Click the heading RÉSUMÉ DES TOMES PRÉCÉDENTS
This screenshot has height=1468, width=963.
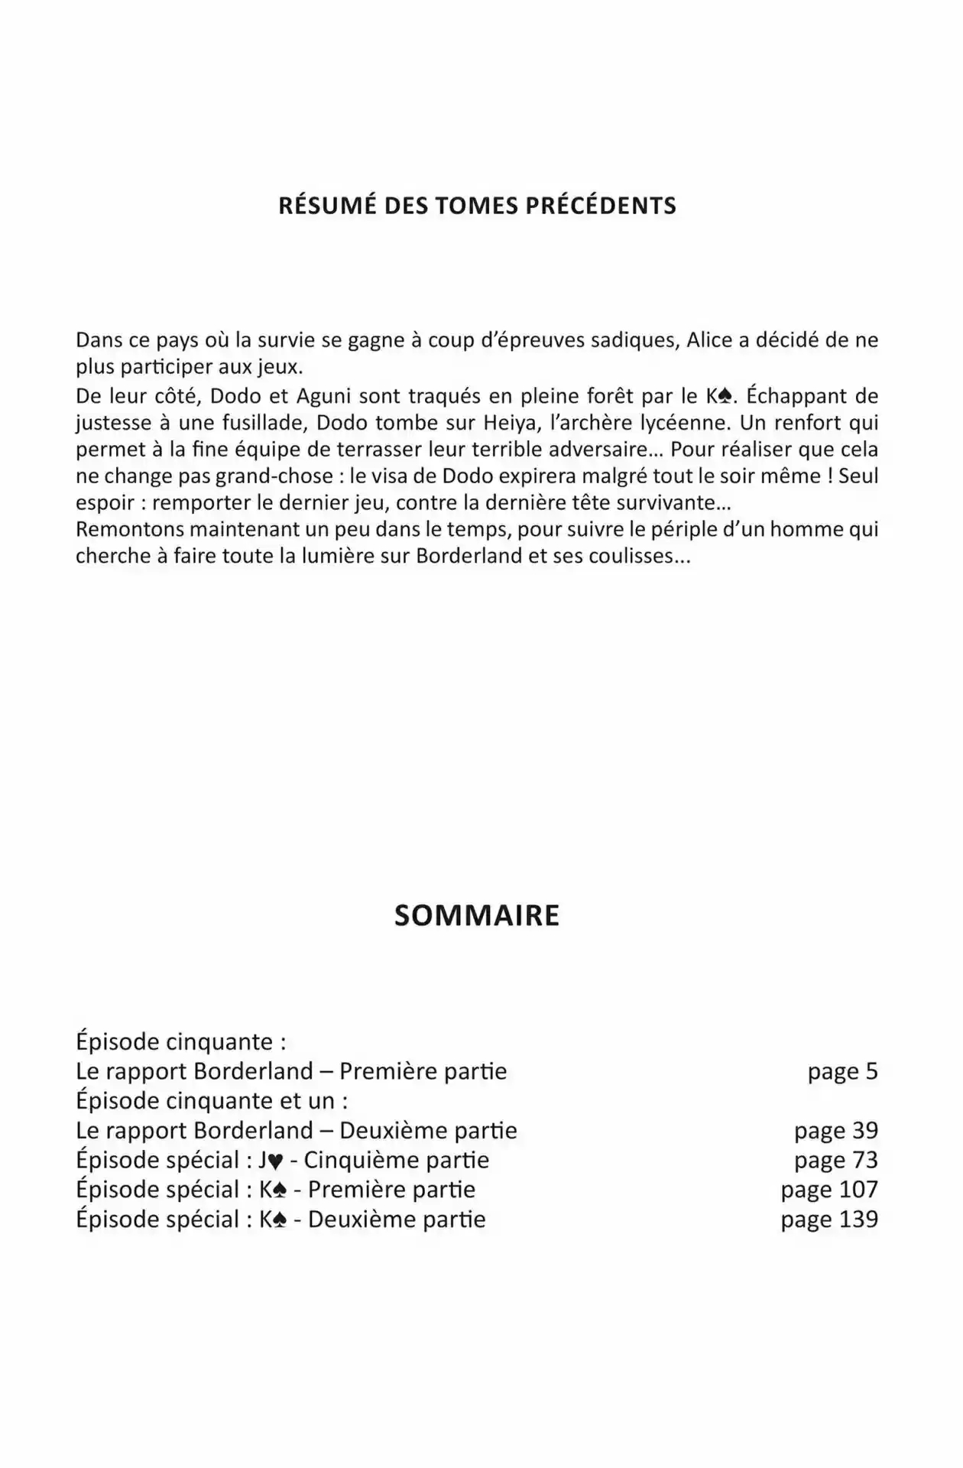[x=477, y=206]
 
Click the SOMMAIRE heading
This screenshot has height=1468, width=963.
[x=477, y=915]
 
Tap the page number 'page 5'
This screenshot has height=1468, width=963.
[x=842, y=1071]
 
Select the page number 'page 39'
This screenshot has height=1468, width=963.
[x=835, y=1131]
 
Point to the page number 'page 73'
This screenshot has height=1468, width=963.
[x=835, y=1160]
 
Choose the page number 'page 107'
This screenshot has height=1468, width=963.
[x=828, y=1190]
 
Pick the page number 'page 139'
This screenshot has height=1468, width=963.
[x=828, y=1219]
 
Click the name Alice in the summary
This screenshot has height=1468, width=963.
[x=709, y=340]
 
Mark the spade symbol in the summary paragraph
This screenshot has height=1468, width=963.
[x=725, y=397]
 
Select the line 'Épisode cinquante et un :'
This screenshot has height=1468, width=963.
[x=212, y=1101]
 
